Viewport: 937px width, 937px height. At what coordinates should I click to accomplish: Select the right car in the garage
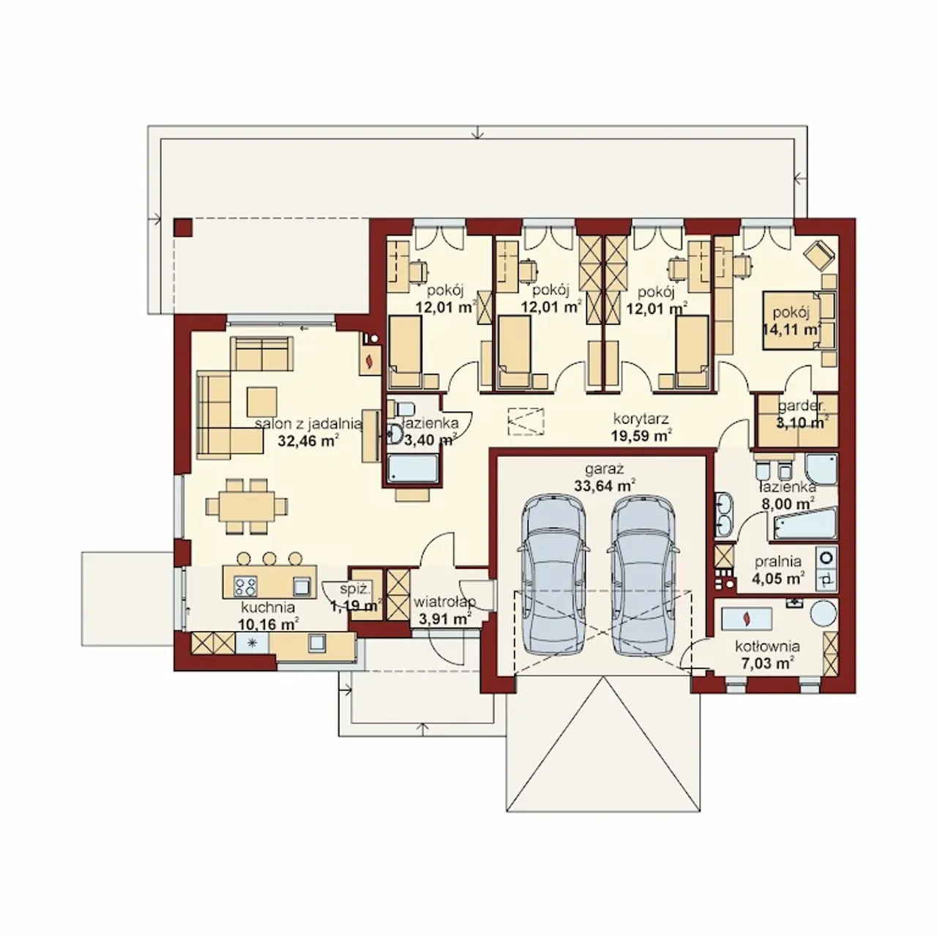(641, 577)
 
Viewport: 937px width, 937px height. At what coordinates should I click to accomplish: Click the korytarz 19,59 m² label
(641, 427)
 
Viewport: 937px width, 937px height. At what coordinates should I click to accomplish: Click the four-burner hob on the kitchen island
(244, 586)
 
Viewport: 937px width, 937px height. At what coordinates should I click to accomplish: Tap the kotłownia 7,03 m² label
(768, 654)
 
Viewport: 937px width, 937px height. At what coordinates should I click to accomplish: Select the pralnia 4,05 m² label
(778, 570)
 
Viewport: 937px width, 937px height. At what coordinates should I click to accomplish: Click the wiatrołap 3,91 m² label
(444, 610)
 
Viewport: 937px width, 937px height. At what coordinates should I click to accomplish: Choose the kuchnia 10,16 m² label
(268, 615)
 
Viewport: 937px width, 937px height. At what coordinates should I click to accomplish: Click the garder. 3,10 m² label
(802, 414)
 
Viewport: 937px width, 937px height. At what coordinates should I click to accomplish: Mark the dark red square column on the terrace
(183, 227)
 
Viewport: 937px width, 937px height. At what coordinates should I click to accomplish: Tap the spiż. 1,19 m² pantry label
(355, 597)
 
